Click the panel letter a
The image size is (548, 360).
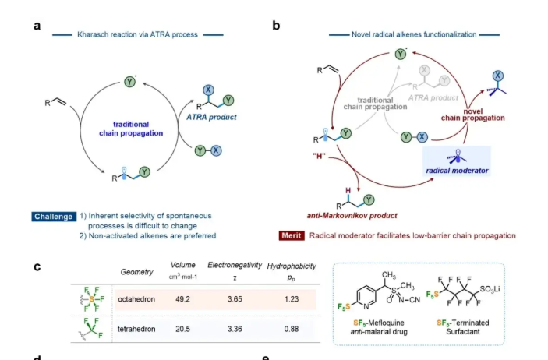click(37, 25)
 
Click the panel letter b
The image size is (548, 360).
click(276, 25)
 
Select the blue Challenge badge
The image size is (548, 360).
click(54, 216)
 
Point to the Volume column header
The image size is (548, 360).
click(182, 266)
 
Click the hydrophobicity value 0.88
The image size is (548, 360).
click(289, 328)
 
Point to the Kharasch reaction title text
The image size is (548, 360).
click(137, 35)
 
